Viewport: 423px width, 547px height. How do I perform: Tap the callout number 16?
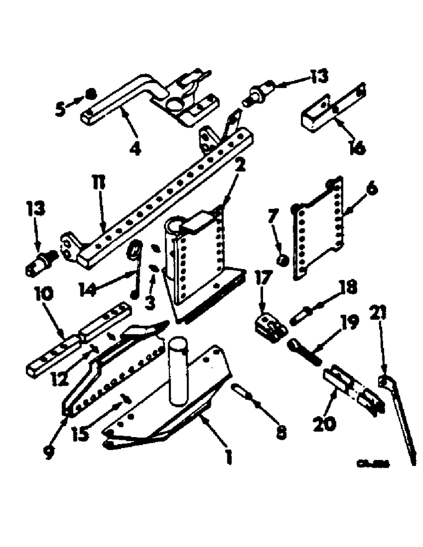(357, 147)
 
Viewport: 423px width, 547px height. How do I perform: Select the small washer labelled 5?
(89, 96)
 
